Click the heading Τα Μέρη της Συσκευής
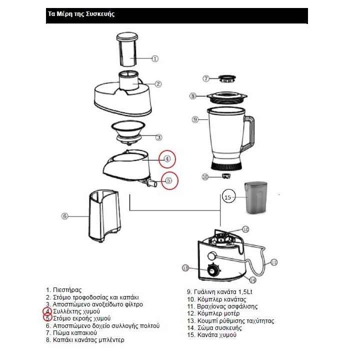point(80,14)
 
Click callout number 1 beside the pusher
point(155,58)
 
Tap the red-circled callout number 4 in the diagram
point(167,159)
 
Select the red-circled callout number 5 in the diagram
point(169,181)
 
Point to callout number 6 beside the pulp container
point(64,216)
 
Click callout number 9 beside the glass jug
point(196,119)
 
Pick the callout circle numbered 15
point(228,198)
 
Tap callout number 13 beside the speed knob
point(185,268)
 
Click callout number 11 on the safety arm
point(274,261)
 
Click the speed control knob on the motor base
point(213,271)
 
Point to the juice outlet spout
point(151,184)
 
